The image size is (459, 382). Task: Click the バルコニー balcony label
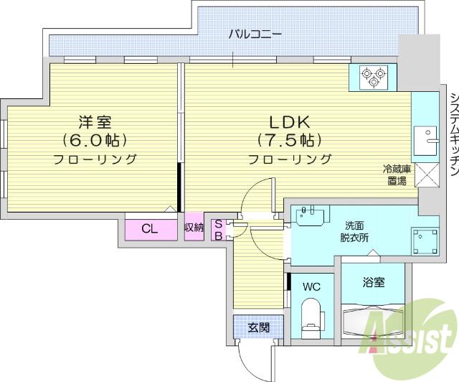(255, 34)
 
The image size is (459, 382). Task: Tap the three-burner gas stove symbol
(373, 77)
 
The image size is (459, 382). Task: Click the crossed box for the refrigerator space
(427, 175)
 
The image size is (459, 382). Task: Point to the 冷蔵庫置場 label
(397, 175)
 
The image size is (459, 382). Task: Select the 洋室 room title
(95, 122)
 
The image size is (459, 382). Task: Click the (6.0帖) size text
(95, 141)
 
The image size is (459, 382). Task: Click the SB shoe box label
(219, 230)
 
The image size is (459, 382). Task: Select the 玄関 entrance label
(258, 327)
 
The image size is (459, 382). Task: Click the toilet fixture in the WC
(312, 318)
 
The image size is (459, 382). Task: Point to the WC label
(312, 286)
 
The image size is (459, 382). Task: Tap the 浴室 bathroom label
(374, 282)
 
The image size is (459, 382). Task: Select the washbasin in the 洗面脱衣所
(311, 215)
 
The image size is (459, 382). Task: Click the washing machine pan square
(425, 241)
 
